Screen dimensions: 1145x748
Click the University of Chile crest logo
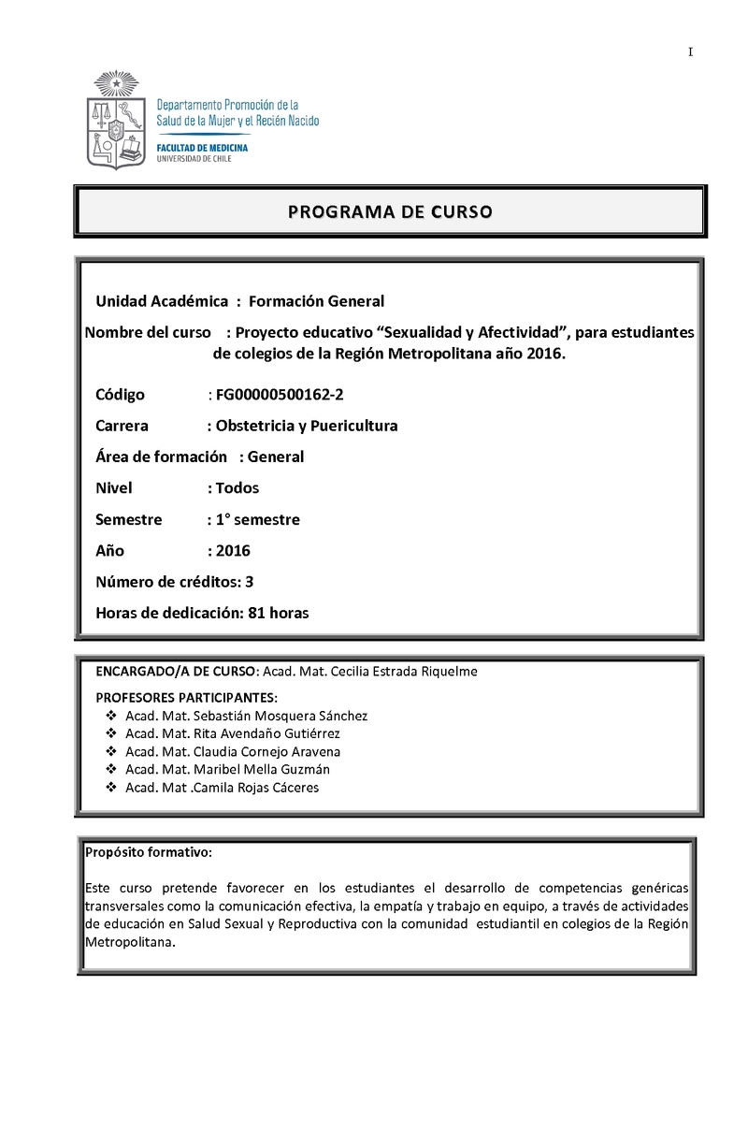[117, 121]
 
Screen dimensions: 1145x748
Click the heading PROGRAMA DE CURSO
[389, 211]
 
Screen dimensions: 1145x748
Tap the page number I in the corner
[690, 52]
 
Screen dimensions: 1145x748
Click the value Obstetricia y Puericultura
[307, 426]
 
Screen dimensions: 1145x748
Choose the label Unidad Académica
[162, 300]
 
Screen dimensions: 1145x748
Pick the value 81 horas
[279, 614]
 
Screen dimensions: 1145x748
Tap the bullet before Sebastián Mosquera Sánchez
[111, 716]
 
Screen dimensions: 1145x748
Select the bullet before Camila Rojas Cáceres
[111, 788]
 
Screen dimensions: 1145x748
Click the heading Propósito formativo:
[149, 852]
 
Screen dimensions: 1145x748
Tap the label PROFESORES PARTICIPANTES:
[187, 698]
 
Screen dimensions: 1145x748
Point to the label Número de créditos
[167, 582]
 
